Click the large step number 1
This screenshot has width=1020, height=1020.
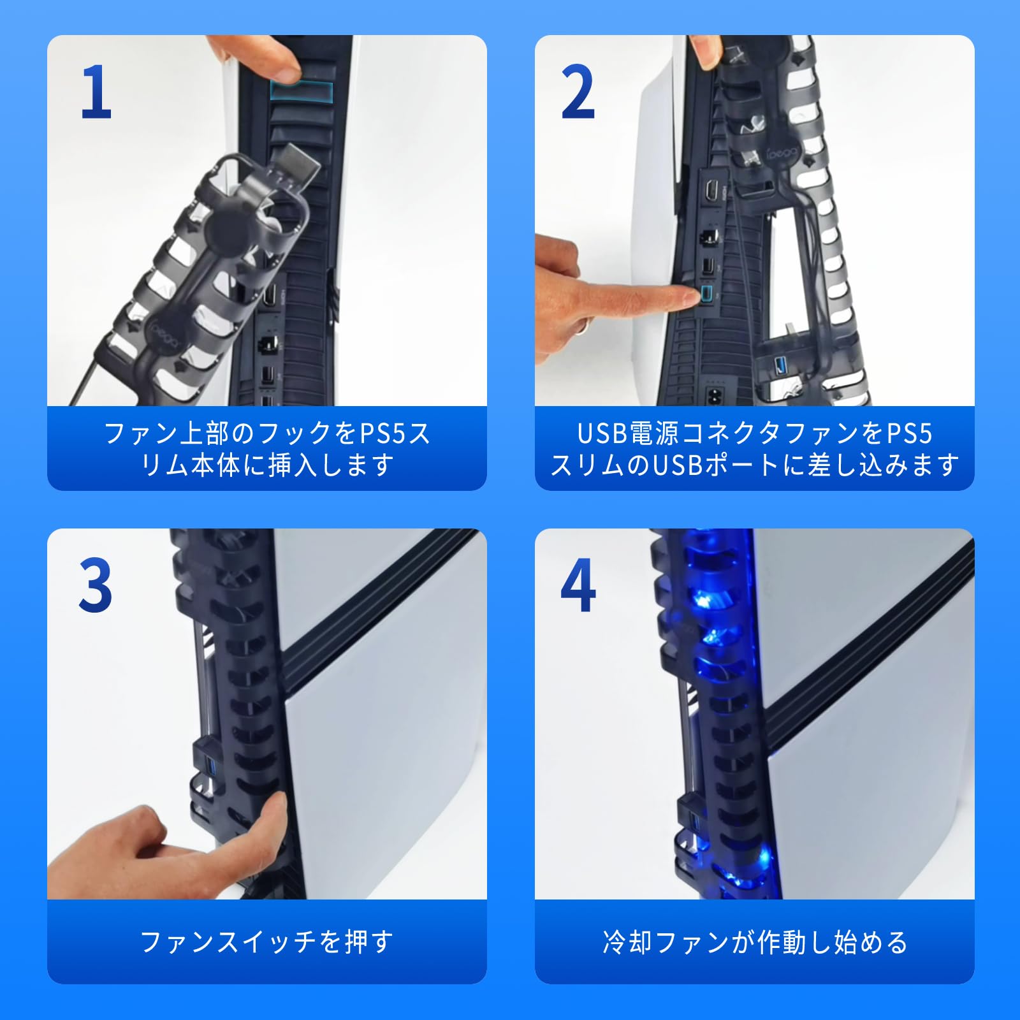point(96,93)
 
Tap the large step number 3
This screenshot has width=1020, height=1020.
point(96,585)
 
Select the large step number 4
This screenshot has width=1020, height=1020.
point(578,585)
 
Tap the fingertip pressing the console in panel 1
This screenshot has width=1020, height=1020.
point(280,66)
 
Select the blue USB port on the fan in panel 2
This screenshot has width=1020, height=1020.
point(779,366)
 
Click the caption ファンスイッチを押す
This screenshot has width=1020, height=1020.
point(266,942)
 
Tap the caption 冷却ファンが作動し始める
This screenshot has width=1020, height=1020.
point(755,942)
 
